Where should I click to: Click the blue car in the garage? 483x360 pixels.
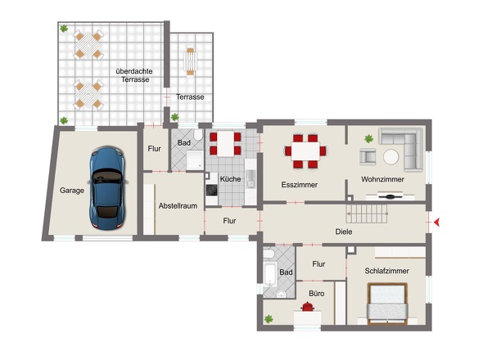pyautogui.click(x=108, y=188)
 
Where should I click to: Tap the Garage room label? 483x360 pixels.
pyautogui.click(x=72, y=191)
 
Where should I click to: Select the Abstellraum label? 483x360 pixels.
pyautogui.click(x=178, y=205)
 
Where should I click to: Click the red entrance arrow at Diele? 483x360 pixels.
pyautogui.click(x=436, y=222)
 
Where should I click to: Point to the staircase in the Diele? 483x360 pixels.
pyautogui.click(x=367, y=214)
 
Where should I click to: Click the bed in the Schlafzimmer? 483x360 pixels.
pyautogui.click(x=387, y=304)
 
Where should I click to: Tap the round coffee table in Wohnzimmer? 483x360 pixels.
pyautogui.click(x=390, y=157)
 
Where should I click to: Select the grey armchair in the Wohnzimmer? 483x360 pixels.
pyautogui.click(x=368, y=157)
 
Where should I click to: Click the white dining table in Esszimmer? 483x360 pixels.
pyautogui.click(x=305, y=151)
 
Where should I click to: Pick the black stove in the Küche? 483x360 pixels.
pyautogui.click(x=212, y=190)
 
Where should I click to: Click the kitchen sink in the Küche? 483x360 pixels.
pyautogui.click(x=251, y=179)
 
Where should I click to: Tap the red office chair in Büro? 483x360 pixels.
pyautogui.click(x=308, y=307)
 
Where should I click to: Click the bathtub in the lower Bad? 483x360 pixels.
pyautogui.click(x=270, y=274)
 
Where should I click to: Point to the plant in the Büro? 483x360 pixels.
pyautogui.click(x=269, y=319)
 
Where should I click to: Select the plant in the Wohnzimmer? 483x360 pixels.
pyautogui.click(x=368, y=139)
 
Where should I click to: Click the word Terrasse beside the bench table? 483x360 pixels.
pyautogui.click(x=190, y=97)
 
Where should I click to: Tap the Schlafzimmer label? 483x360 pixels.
pyautogui.click(x=387, y=271)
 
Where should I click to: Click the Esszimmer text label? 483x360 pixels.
pyautogui.click(x=300, y=185)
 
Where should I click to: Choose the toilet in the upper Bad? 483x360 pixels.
pyautogui.click(x=198, y=134)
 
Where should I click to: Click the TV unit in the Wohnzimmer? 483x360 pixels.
pyautogui.click(x=390, y=196)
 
